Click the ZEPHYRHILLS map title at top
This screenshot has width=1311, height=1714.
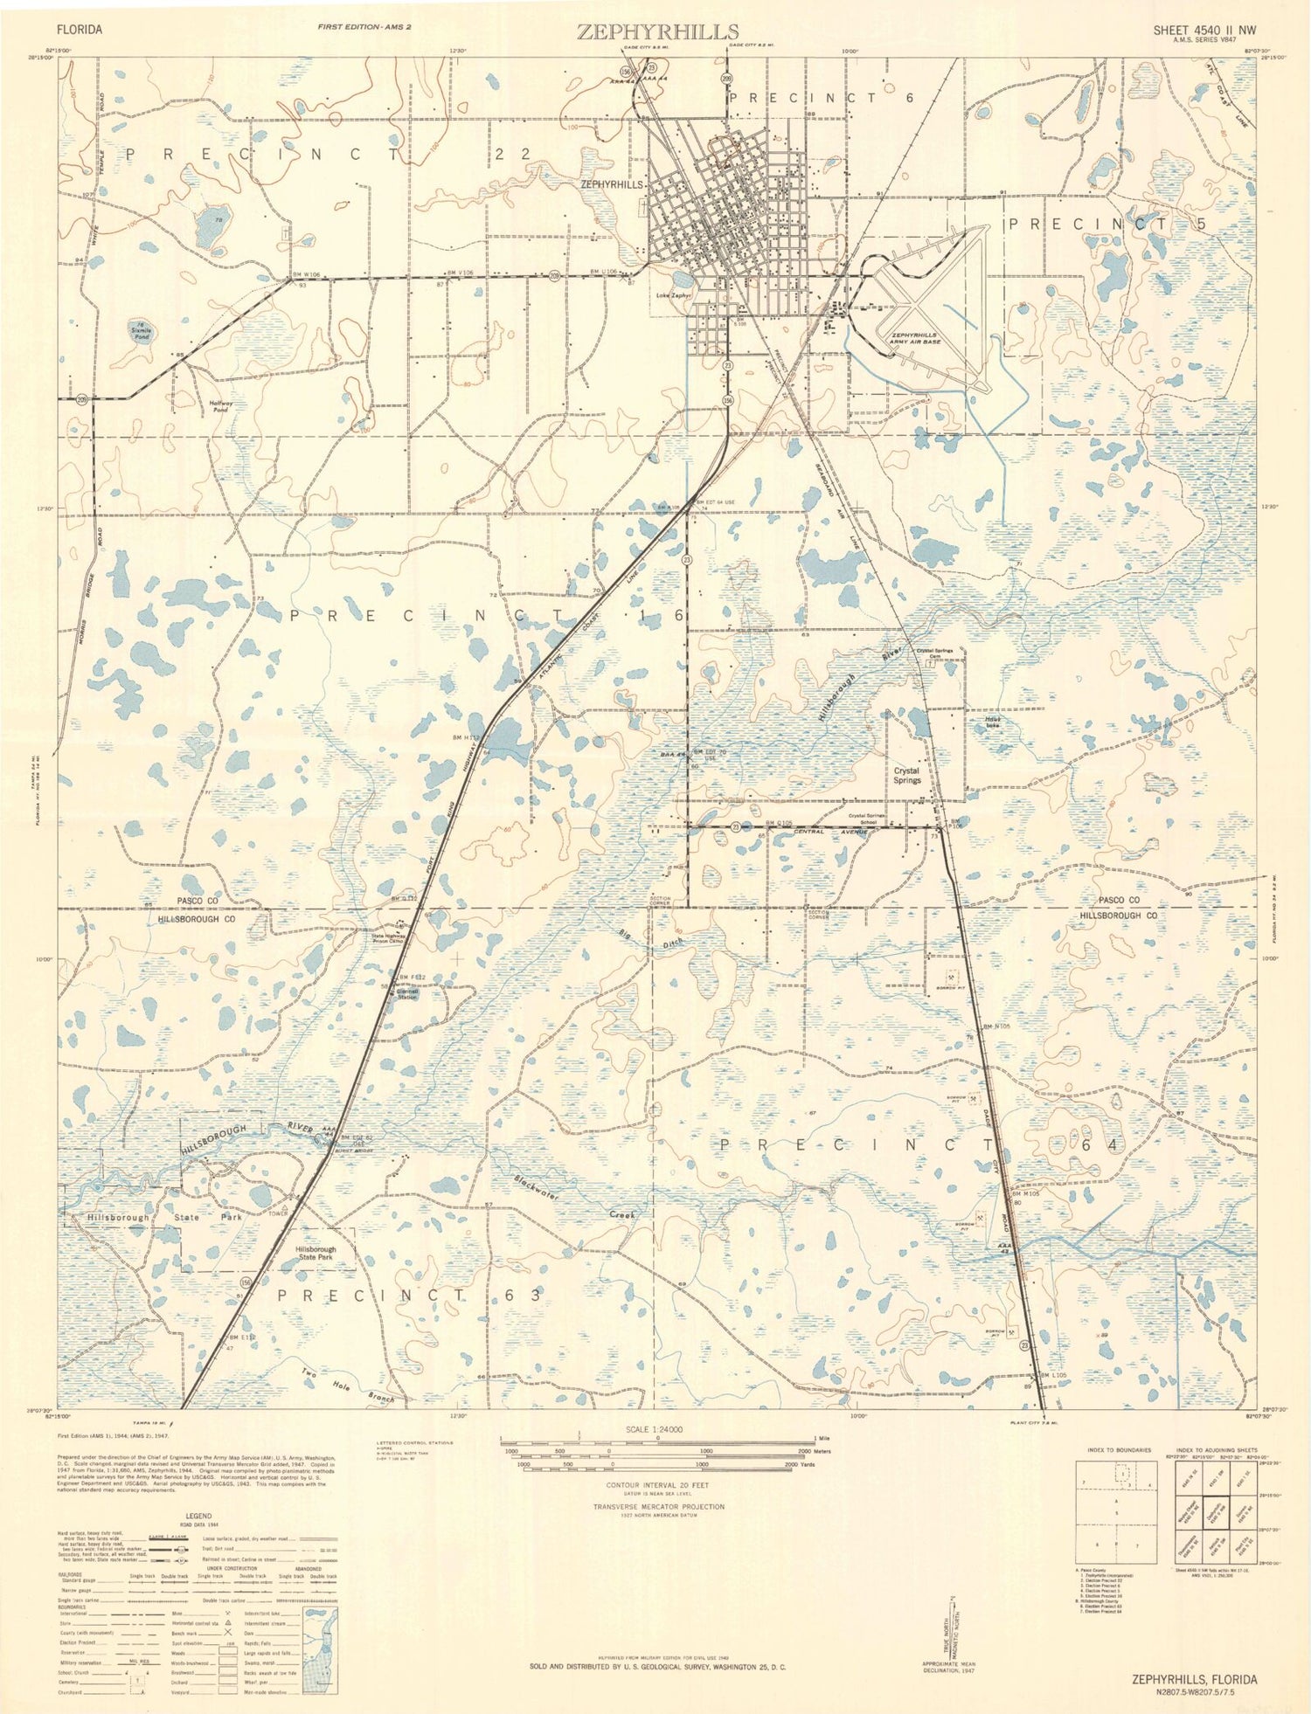(x=656, y=32)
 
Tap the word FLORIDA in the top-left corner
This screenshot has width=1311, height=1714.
(x=80, y=29)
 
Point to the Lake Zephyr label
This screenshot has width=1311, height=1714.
(x=675, y=295)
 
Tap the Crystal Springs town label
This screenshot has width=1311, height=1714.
(x=907, y=776)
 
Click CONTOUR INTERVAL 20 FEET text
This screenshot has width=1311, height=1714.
(x=658, y=1484)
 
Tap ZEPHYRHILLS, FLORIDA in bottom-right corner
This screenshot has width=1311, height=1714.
(x=1194, y=1679)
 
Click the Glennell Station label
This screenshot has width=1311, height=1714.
(x=407, y=994)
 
